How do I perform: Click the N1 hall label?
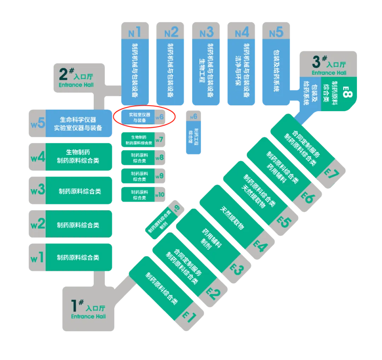pyautogui.click(x=135, y=33)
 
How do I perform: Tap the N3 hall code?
pyautogui.click(x=207, y=33)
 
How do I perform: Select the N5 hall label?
pyautogui.click(x=276, y=33)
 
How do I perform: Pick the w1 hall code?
pyautogui.click(x=37, y=257)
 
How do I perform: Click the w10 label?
pyautogui.click(x=160, y=194)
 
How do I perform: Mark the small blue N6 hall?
pyautogui.click(x=193, y=131)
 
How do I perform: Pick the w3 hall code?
pyautogui.click(x=37, y=190)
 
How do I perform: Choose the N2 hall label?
pyautogui.click(x=172, y=33)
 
